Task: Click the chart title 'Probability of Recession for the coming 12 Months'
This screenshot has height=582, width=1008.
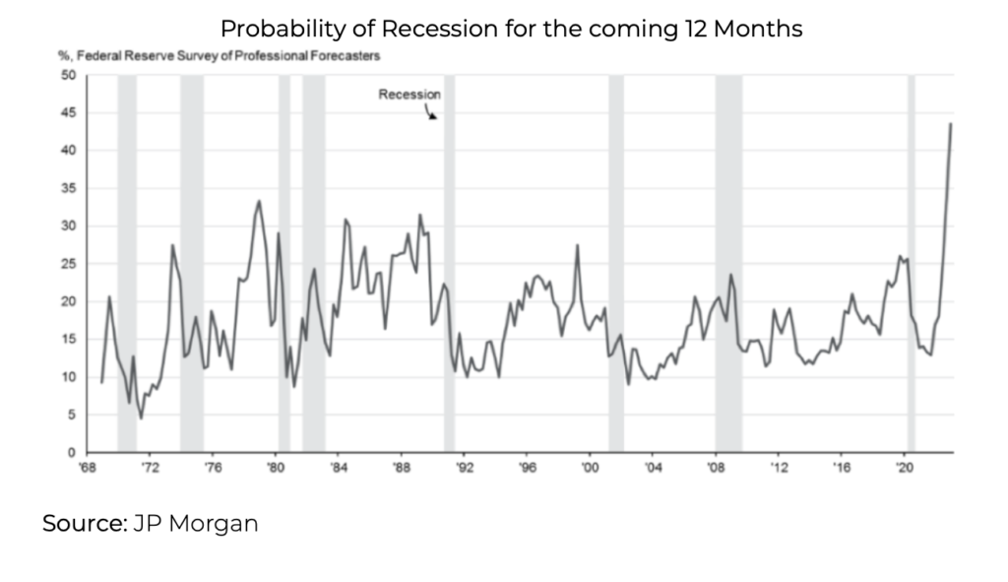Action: click(x=510, y=29)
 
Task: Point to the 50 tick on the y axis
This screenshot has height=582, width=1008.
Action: click(x=70, y=75)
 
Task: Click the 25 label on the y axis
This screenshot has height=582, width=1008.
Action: click(x=70, y=264)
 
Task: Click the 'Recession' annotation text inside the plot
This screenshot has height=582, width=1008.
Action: click(x=409, y=95)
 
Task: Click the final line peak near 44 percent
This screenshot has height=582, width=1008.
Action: click(x=950, y=124)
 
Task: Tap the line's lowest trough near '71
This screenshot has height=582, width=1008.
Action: click(x=141, y=418)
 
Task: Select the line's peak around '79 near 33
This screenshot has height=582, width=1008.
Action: click(x=259, y=201)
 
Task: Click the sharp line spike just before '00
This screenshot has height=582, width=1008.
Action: click(x=577, y=245)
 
